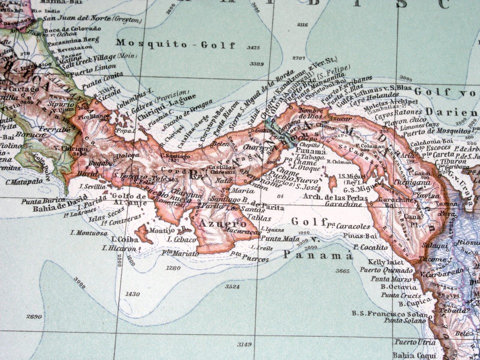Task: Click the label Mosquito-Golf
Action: coord(175,44)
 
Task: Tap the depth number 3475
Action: coord(253,48)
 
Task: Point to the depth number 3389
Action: coord(256,64)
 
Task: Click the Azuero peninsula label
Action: coord(216,223)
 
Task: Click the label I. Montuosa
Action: coord(89,232)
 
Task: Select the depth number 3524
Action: coord(232,286)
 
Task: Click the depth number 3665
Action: coord(342,270)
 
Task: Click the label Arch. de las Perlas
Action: coord(334,197)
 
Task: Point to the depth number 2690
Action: coord(33,316)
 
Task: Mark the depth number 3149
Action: coord(244,344)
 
